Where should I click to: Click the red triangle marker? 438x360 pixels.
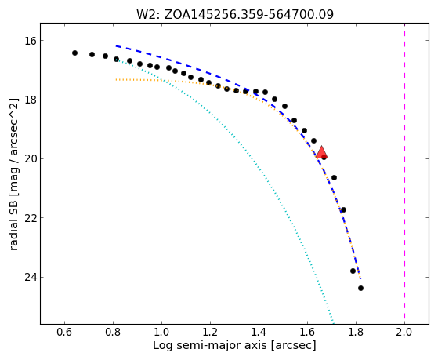(x=321, y=152)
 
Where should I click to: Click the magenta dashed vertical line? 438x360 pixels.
(x=404, y=173)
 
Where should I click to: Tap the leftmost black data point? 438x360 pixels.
(x=74, y=53)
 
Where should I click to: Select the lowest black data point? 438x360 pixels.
(x=360, y=288)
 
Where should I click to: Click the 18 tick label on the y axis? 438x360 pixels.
(x=31, y=100)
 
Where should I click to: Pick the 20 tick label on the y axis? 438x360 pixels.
(x=31, y=159)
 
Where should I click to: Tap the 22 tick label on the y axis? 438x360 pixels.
(x=31, y=218)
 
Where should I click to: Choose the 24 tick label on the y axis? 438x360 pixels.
(x=31, y=277)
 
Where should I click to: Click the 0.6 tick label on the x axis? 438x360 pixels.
(x=64, y=333)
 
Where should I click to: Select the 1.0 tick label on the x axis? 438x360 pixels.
(x=161, y=333)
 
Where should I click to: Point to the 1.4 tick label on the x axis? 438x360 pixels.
(x=259, y=333)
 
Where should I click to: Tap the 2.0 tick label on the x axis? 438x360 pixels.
(x=404, y=333)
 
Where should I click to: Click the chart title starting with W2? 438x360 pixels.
(x=235, y=15)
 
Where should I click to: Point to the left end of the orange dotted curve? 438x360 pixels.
(x=116, y=80)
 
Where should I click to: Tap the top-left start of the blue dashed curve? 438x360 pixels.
(x=116, y=45)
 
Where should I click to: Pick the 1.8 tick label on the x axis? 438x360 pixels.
(x=356, y=333)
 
